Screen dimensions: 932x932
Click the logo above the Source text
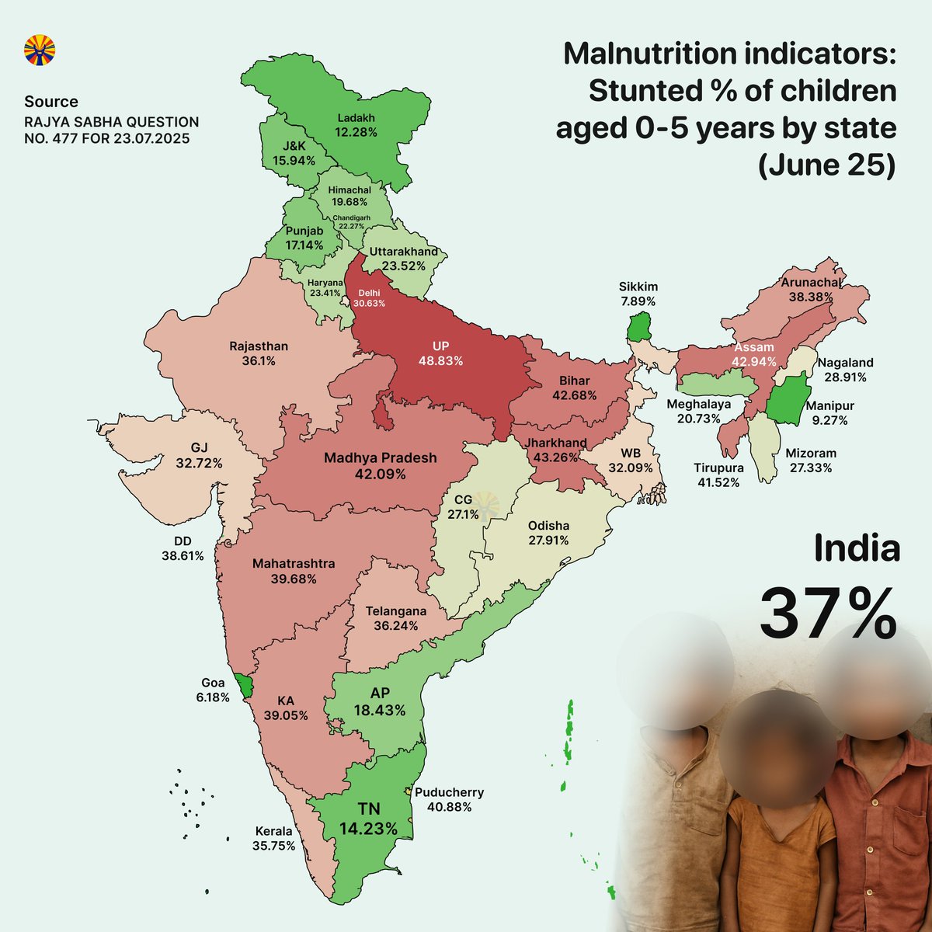point(40,50)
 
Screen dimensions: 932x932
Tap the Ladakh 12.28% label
point(356,125)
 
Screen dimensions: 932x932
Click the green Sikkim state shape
point(638,326)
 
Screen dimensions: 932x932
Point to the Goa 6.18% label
point(213,690)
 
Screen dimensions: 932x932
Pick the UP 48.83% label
point(440,353)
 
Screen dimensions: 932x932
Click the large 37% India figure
point(828,611)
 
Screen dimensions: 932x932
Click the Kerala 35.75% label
point(273,838)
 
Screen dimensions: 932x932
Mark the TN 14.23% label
point(368,820)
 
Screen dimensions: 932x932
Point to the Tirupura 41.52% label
point(718,475)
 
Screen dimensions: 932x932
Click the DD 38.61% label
point(183,548)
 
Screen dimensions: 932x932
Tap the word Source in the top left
point(51,102)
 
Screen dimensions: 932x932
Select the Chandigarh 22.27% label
point(352,222)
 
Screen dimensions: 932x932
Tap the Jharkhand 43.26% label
point(555,450)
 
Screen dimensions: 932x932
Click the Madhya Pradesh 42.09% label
point(381,465)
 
